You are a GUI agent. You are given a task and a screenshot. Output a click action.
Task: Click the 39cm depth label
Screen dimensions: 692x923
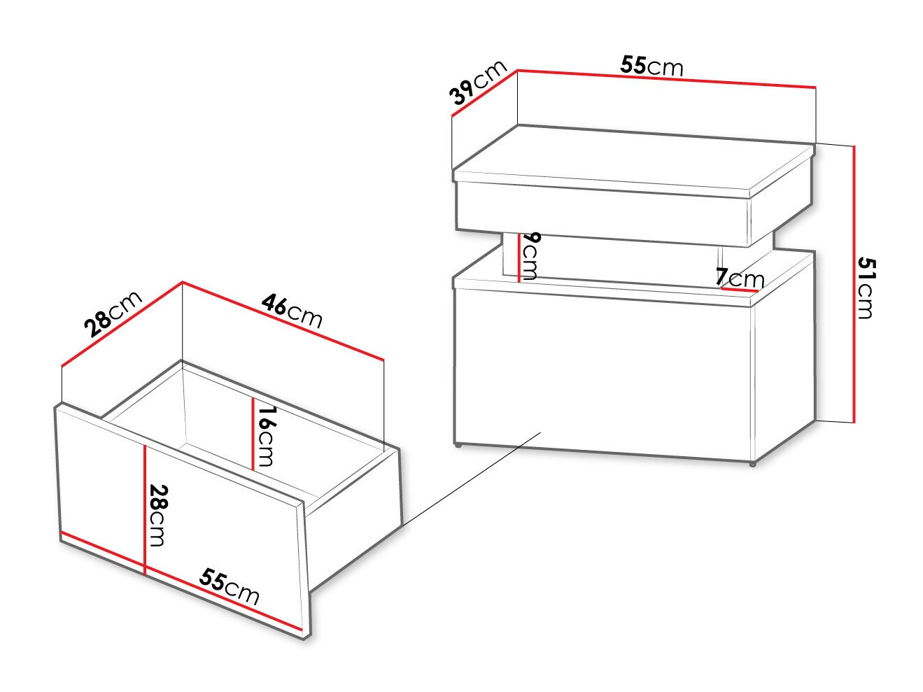(x=478, y=83)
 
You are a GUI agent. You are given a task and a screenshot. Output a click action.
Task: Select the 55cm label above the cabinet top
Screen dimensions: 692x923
(x=651, y=66)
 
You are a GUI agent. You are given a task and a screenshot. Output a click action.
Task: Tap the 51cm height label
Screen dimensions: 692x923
(x=866, y=287)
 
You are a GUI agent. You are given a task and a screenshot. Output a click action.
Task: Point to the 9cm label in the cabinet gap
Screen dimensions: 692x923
(x=530, y=255)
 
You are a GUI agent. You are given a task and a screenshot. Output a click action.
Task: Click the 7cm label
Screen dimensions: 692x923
(x=740, y=278)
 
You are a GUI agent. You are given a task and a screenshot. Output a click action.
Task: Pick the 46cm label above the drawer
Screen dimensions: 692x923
(x=292, y=311)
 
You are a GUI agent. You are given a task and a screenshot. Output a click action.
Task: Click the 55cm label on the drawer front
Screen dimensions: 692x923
(x=230, y=586)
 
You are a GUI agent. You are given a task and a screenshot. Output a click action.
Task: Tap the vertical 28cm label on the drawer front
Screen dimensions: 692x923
(x=157, y=516)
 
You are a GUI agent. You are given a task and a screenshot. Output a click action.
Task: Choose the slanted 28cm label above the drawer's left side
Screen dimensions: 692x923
(x=112, y=314)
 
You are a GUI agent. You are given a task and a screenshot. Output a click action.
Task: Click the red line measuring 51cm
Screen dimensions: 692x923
(x=854, y=283)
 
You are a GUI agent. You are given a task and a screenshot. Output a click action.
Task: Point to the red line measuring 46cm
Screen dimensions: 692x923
(x=283, y=321)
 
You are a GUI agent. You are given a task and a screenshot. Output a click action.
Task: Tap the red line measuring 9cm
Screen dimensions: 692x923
(x=519, y=257)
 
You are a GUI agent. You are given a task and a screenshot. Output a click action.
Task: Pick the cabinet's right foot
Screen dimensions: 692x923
(x=752, y=463)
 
